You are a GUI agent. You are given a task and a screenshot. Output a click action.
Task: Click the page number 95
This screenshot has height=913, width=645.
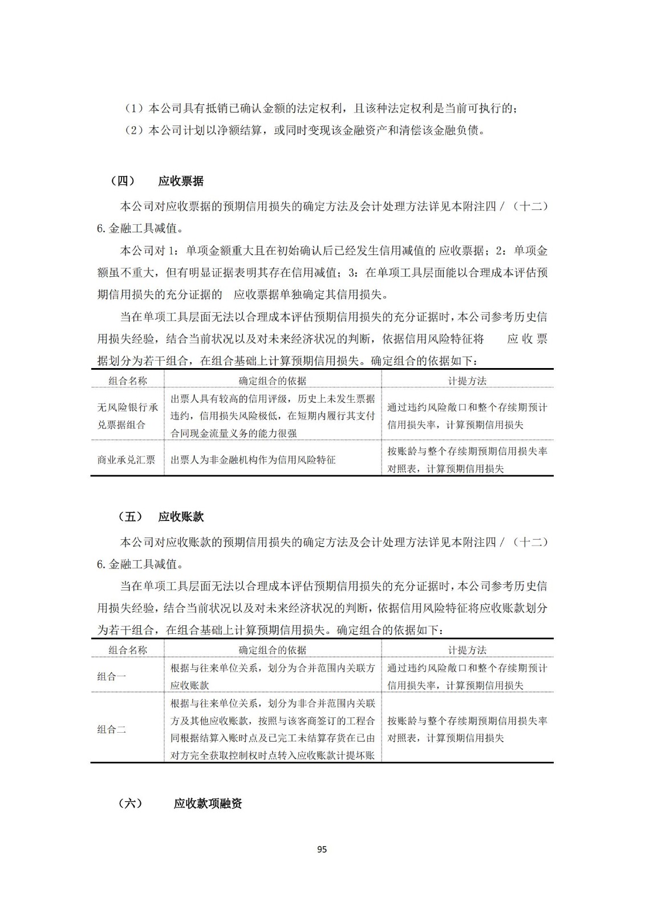click(322, 849)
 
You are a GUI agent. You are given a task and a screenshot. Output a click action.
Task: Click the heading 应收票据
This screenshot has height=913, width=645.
click(181, 181)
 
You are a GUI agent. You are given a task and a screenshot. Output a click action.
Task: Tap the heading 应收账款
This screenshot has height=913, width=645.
click(181, 517)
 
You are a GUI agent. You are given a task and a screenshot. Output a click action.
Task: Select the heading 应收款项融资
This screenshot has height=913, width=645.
click(208, 803)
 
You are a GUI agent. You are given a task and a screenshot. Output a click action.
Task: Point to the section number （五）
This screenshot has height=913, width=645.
click(130, 517)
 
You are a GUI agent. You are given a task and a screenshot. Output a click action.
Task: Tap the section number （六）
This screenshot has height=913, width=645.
click(130, 803)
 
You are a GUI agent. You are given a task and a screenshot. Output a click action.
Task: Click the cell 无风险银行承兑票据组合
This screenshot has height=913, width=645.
click(128, 416)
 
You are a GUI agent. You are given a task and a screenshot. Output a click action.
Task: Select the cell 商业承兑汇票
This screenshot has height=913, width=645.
click(127, 459)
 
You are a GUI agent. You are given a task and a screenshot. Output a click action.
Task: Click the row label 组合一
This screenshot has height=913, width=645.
click(112, 676)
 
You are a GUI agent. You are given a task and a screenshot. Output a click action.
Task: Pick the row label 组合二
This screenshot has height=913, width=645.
click(112, 729)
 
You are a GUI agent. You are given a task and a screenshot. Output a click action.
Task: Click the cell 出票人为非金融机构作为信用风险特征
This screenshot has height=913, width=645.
click(253, 459)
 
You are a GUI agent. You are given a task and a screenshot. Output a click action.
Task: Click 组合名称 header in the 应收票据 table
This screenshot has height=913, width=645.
click(128, 381)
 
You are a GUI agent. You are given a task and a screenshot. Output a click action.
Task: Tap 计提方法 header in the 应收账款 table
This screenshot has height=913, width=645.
click(467, 650)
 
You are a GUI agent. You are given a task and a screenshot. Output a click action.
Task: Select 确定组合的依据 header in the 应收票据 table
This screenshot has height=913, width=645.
click(272, 381)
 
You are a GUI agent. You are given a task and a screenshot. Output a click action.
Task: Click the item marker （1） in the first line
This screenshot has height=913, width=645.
click(136, 108)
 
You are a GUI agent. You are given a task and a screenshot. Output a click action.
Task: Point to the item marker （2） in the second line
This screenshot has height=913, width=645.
click(136, 131)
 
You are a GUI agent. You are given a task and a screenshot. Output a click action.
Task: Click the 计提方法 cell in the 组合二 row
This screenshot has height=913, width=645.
click(467, 729)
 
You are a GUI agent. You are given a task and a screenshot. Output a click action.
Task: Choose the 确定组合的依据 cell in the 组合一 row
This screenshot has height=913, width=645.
click(273, 676)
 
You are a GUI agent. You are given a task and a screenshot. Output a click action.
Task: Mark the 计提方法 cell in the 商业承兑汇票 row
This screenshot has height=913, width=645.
click(467, 459)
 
